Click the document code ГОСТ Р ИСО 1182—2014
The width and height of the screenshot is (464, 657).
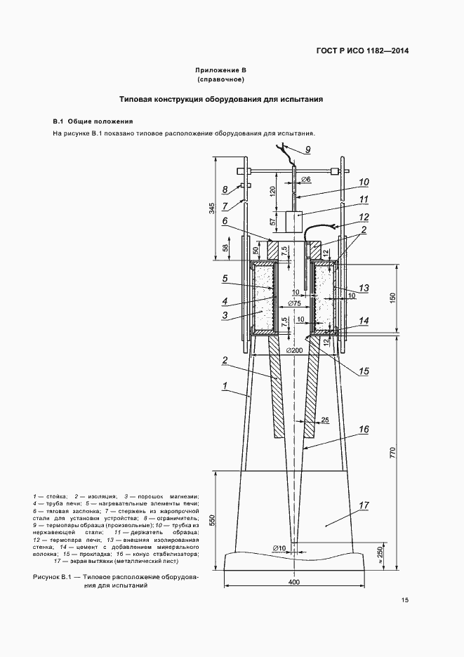[x=362, y=51]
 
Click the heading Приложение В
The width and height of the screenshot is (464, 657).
[x=220, y=70]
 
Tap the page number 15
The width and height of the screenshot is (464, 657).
[x=404, y=600]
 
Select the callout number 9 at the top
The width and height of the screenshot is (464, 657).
[x=307, y=150]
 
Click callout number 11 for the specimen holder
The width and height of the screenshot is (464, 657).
[x=364, y=199]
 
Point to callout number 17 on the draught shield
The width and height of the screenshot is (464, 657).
[x=364, y=505]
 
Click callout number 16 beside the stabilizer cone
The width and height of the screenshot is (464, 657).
[x=364, y=430]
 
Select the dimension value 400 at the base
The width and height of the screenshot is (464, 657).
[x=295, y=582]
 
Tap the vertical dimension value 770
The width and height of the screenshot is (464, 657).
[x=392, y=453]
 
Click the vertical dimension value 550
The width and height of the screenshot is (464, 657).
[x=212, y=520]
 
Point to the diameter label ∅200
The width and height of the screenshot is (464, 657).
[x=295, y=350]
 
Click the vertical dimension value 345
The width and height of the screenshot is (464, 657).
[x=212, y=208]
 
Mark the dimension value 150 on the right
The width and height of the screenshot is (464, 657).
[x=392, y=298]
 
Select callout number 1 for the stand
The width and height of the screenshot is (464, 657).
[x=225, y=385]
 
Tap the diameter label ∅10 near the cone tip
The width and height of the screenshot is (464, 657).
[x=279, y=547]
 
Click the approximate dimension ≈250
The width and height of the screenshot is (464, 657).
[x=380, y=556]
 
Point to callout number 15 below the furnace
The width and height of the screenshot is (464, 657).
[x=364, y=371]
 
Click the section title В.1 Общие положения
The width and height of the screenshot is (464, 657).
[x=93, y=121]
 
